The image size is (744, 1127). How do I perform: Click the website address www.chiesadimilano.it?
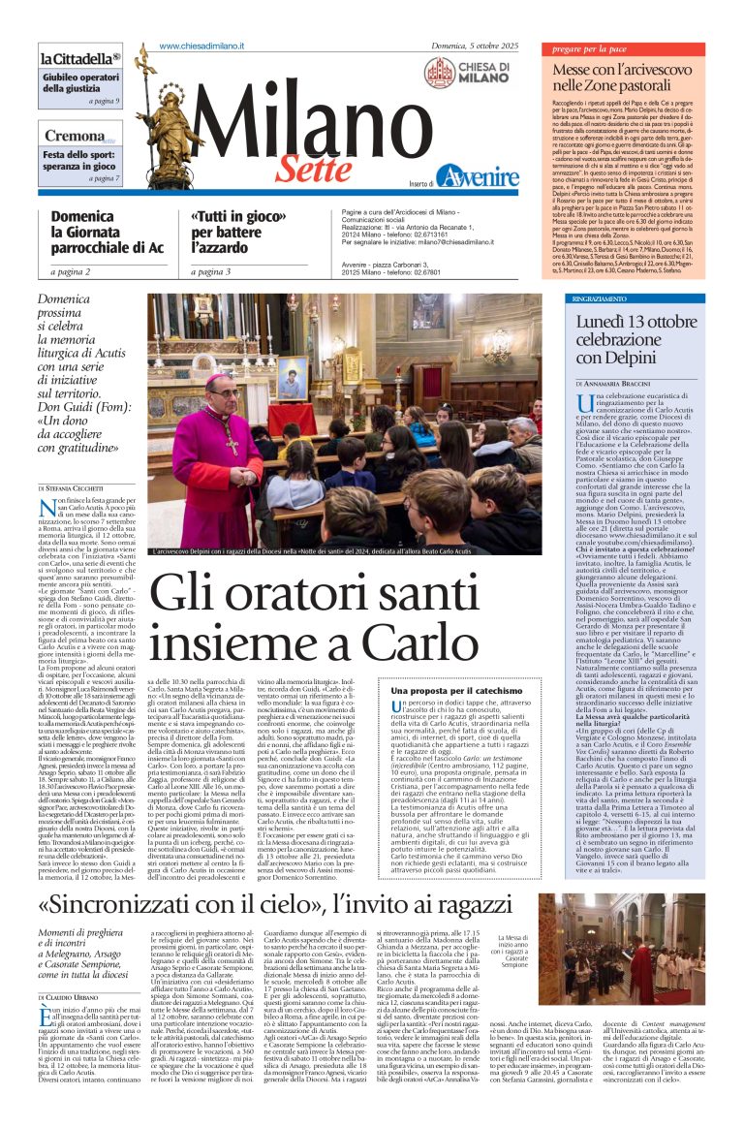click(201, 47)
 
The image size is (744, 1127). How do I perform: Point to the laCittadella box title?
click(80, 58)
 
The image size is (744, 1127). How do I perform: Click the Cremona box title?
click(76, 137)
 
